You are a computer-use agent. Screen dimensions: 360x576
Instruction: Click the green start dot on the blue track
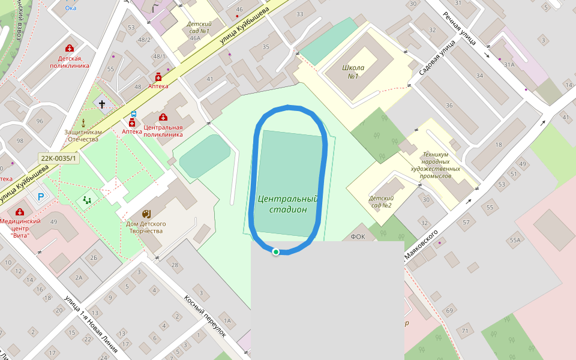tap(275, 252)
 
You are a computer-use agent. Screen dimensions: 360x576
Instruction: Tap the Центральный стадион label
tap(287, 204)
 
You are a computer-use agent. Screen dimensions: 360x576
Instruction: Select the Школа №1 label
tap(350, 71)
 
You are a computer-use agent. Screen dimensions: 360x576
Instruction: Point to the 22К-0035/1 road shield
tap(58, 158)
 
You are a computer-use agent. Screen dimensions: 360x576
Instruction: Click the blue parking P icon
tap(41, 196)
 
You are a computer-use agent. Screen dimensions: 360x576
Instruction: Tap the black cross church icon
tap(102, 104)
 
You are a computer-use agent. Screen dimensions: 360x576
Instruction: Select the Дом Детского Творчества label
tap(145, 227)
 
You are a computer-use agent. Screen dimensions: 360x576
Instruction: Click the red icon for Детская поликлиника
tap(70, 48)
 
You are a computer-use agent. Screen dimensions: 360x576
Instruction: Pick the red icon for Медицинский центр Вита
tap(20, 212)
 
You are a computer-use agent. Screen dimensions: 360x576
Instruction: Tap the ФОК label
tap(358, 236)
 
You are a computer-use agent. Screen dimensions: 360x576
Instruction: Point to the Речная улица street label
tap(460, 28)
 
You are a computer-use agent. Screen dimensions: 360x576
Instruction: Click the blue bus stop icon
tap(133, 113)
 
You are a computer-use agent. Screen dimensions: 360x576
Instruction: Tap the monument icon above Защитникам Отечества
tap(83, 122)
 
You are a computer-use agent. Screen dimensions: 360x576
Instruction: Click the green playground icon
tap(88, 200)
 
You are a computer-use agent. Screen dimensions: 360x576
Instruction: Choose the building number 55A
tap(515, 241)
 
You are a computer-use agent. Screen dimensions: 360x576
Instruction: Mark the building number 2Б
tap(94, 258)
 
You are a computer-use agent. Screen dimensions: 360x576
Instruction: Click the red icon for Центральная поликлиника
tap(163, 117)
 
